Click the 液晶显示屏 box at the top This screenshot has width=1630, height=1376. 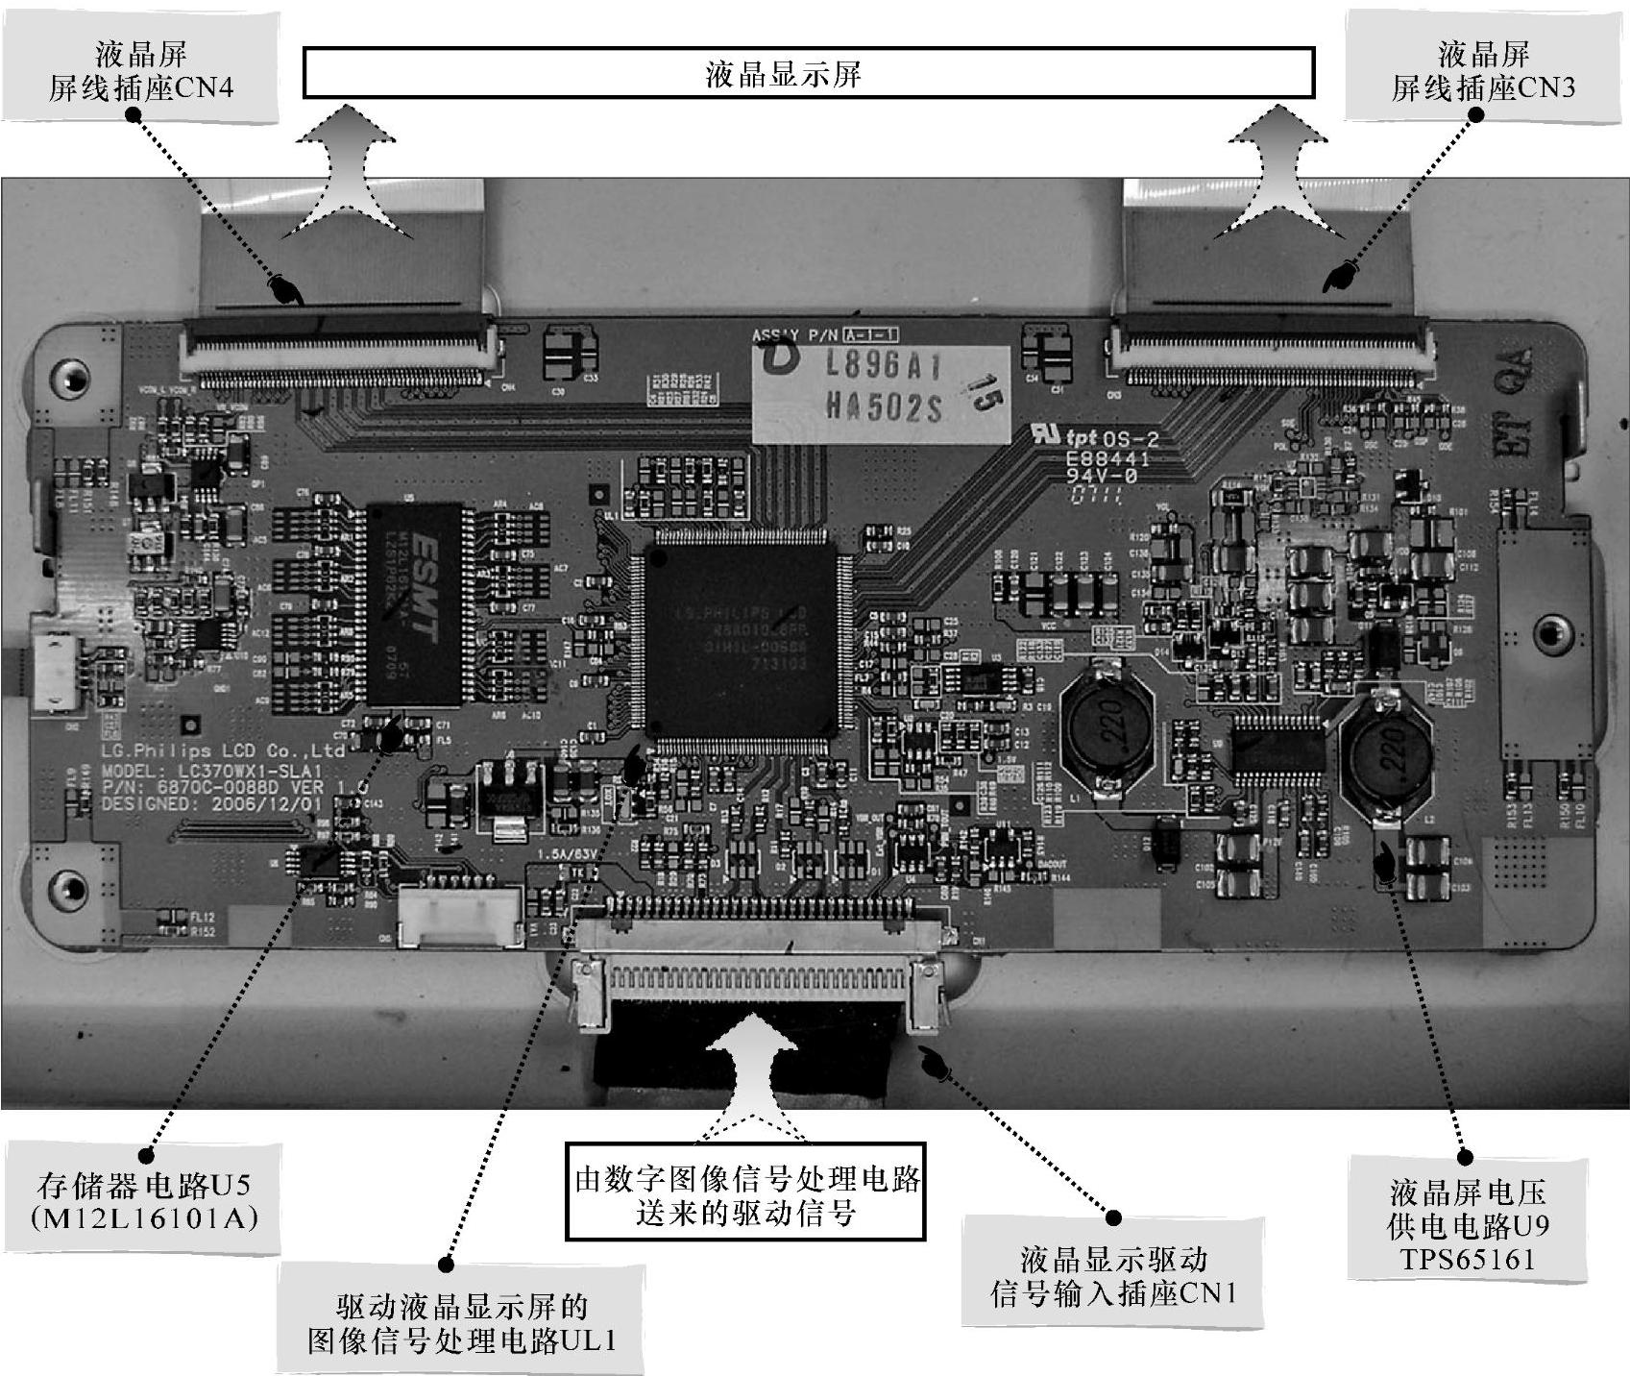point(808,73)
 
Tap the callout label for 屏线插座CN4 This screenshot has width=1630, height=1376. point(140,71)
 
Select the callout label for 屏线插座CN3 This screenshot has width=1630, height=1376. point(1483,71)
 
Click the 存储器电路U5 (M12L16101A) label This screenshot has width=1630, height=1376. point(144,1200)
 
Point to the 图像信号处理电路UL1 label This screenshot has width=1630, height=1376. point(461,1323)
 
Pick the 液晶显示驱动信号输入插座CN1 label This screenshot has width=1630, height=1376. point(1113,1275)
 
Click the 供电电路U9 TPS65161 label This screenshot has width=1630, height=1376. point(1468,1225)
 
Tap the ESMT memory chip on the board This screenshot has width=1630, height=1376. point(415,603)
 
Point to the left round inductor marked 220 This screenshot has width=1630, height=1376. point(1107,730)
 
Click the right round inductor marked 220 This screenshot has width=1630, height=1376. point(1386,748)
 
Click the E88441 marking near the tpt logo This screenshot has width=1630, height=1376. point(1107,459)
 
